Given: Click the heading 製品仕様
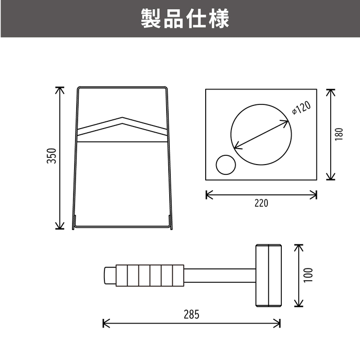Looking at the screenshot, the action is pyautogui.click(x=185, y=19).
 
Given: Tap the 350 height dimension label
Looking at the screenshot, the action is pyautogui.click(x=51, y=156).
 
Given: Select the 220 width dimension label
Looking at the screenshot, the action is pyautogui.click(x=261, y=203).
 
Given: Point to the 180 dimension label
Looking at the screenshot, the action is pyautogui.click(x=339, y=134).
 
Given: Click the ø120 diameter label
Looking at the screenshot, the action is pyautogui.click(x=302, y=107).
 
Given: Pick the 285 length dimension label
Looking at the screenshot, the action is pyautogui.click(x=191, y=315).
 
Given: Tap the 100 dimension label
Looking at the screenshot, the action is pyautogui.click(x=308, y=275).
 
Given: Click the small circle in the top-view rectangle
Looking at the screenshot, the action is pyautogui.click(x=226, y=165).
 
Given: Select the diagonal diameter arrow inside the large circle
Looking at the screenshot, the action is pyautogui.click(x=261, y=135).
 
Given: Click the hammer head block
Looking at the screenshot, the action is pyautogui.click(x=268, y=275).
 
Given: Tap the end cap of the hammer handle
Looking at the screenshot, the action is pyautogui.click(x=110, y=275).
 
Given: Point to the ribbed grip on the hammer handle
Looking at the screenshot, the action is pyautogui.click(x=150, y=275).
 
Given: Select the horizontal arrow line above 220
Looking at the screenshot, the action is pyautogui.click(x=261, y=195).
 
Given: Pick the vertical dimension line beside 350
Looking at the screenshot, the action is pyautogui.click(x=60, y=158).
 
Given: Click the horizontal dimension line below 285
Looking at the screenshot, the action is pyautogui.click(x=191, y=323).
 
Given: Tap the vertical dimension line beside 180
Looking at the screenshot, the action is pyautogui.click(x=330, y=135).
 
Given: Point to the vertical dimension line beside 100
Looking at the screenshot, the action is pyautogui.click(x=298, y=276).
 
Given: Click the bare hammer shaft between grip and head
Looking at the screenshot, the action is pyautogui.click(x=220, y=275).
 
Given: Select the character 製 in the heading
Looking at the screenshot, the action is pyautogui.click(x=151, y=19).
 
